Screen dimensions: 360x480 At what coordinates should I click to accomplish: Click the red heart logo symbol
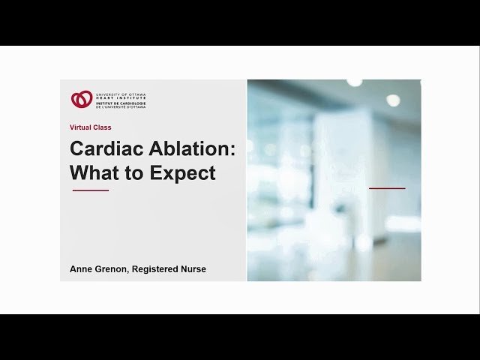82,99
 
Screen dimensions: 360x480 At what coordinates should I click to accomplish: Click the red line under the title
90,190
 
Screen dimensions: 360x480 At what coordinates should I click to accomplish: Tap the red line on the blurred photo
387,188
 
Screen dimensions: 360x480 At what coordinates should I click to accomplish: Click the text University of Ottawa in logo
121,94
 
